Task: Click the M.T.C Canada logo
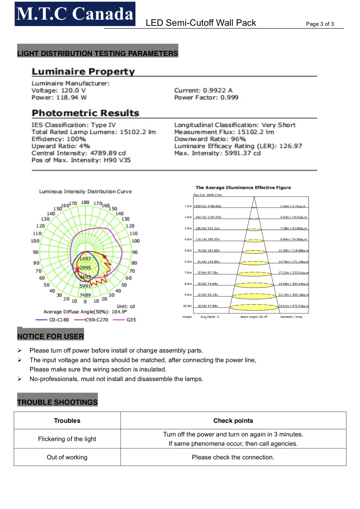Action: point(75,14)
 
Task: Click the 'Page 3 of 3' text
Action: point(320,24)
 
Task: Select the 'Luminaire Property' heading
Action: point(83,71)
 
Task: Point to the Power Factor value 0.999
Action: point(229,98)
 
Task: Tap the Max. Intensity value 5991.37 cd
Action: point(242,153)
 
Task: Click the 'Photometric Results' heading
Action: point(85,113)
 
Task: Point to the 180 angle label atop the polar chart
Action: point(85,202)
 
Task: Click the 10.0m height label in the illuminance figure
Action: point(187,306)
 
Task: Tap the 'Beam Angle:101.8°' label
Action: point(254,317)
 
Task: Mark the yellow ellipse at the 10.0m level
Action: point(254,307)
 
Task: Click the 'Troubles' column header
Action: point(67,420)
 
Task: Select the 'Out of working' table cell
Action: point(67,457)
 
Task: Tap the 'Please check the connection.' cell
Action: point(233,457)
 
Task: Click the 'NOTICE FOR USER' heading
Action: point(51,336)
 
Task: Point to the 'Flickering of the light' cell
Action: point(67,439)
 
